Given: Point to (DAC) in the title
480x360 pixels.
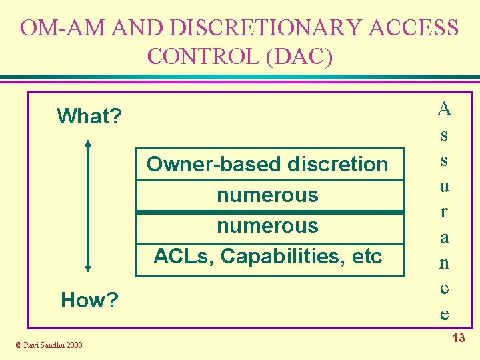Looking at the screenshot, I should (298, 56).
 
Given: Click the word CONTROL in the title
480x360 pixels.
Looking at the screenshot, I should (204, 56).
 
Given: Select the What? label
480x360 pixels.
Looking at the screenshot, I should (89, 116).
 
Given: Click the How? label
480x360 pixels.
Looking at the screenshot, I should (89, 301).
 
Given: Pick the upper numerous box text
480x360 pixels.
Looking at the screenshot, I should (267, 195).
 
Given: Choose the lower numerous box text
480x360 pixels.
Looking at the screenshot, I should (267, 226).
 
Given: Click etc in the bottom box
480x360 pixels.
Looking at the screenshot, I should (367, 256).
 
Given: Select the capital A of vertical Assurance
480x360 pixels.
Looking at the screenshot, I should (444, 108).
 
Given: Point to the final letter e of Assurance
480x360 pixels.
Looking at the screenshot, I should (444, 313).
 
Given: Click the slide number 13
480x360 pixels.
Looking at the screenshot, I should (459, 339).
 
